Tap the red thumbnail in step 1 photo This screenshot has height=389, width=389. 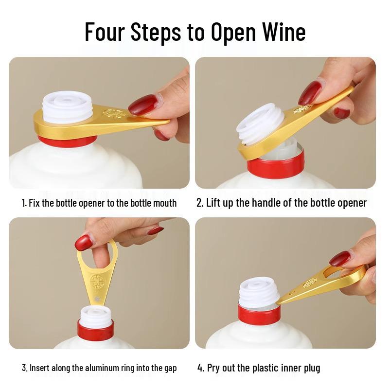click(143, 104)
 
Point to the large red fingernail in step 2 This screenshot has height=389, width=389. click(310, 92)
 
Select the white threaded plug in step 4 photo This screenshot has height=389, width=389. click(259, 291)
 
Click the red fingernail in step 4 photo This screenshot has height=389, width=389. click(340, 258)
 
